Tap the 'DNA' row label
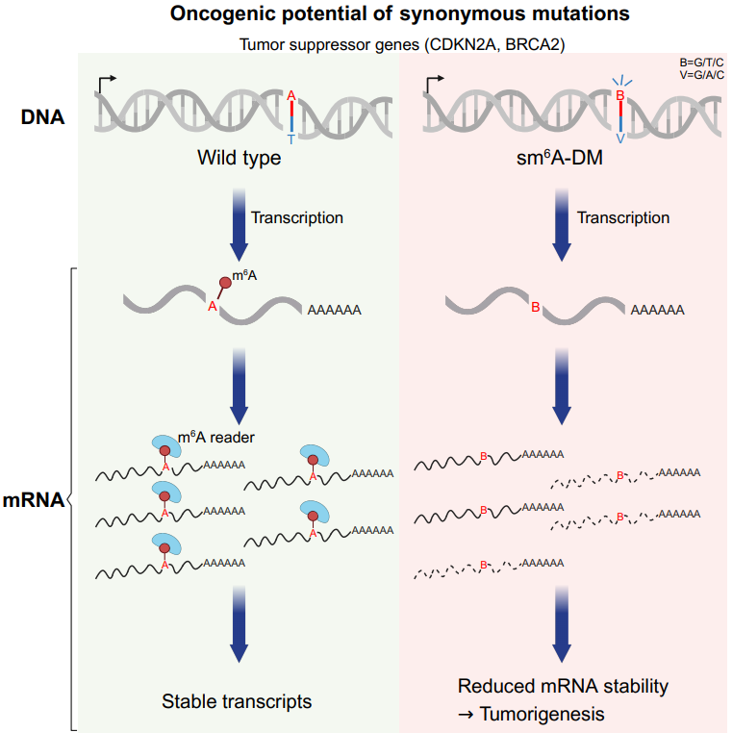pos(44,117)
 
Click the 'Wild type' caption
pos(240,157)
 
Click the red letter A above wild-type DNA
pos(291,95)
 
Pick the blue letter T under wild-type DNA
pos(291,139)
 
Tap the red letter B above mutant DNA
pos(620,96)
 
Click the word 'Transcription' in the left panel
pos(296,217)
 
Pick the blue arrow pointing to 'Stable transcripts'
pos(239,625)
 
